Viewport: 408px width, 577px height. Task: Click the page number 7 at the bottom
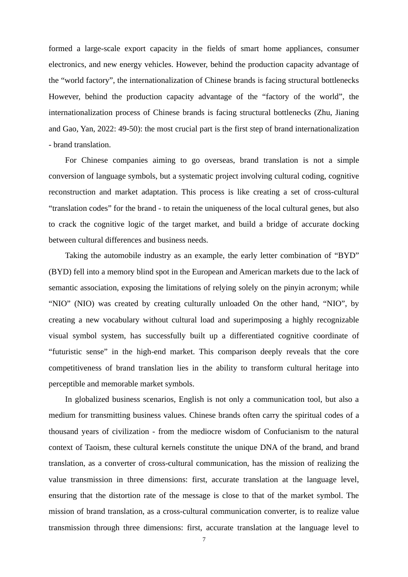pyautogui.click(x=204, y=540)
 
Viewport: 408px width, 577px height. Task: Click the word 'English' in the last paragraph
pyautogui.click(x=192, y=399)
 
